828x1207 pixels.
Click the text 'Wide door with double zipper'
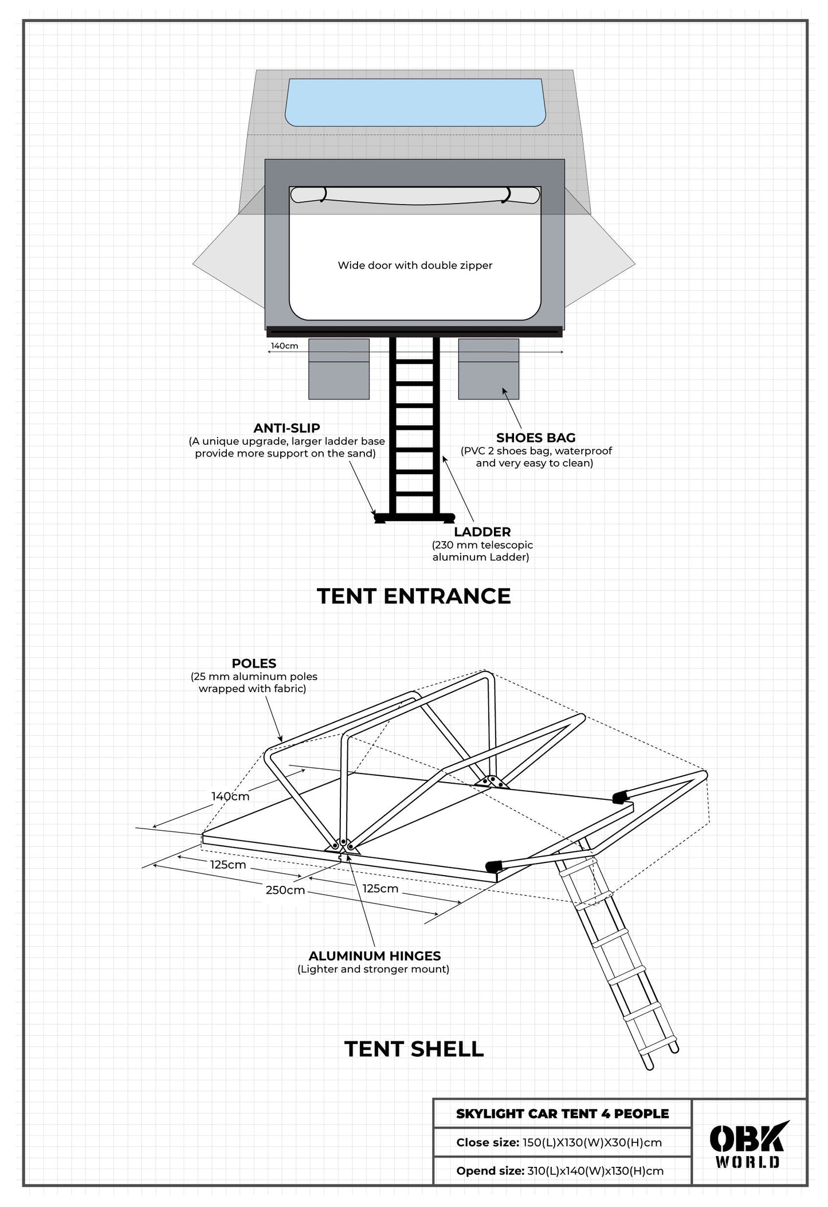pyautogui.click(x=415, y=265)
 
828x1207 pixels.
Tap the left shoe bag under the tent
pyautogui.click(x=339, y=369)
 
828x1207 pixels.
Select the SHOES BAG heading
pyautogui.click(x=536, y=438)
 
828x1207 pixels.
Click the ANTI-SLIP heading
pyautogui.click(x=287, y=428)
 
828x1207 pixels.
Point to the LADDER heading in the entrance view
pyautogui.click(x=482, y=532)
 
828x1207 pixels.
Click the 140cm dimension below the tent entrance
pyautogui.click(x=284, y=346)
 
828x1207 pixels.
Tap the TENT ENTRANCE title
pyautogui.click(x=414, y=596)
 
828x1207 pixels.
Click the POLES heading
pyautogui.click(x=254, y=663)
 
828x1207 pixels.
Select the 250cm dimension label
pyautogui.click(x=285, y=890)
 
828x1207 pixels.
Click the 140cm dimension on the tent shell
pyautogui.click(x=230, y=796)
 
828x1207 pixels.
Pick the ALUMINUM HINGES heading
pyautogui.click(x=374, y=956)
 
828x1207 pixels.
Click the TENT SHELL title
pyautogui.click(x=414, y=1049)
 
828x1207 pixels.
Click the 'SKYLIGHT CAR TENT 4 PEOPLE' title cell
pyautogui.click(x=562, y=1114)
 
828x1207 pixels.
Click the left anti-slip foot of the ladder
pyautogui.click(x=380, y=518)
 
